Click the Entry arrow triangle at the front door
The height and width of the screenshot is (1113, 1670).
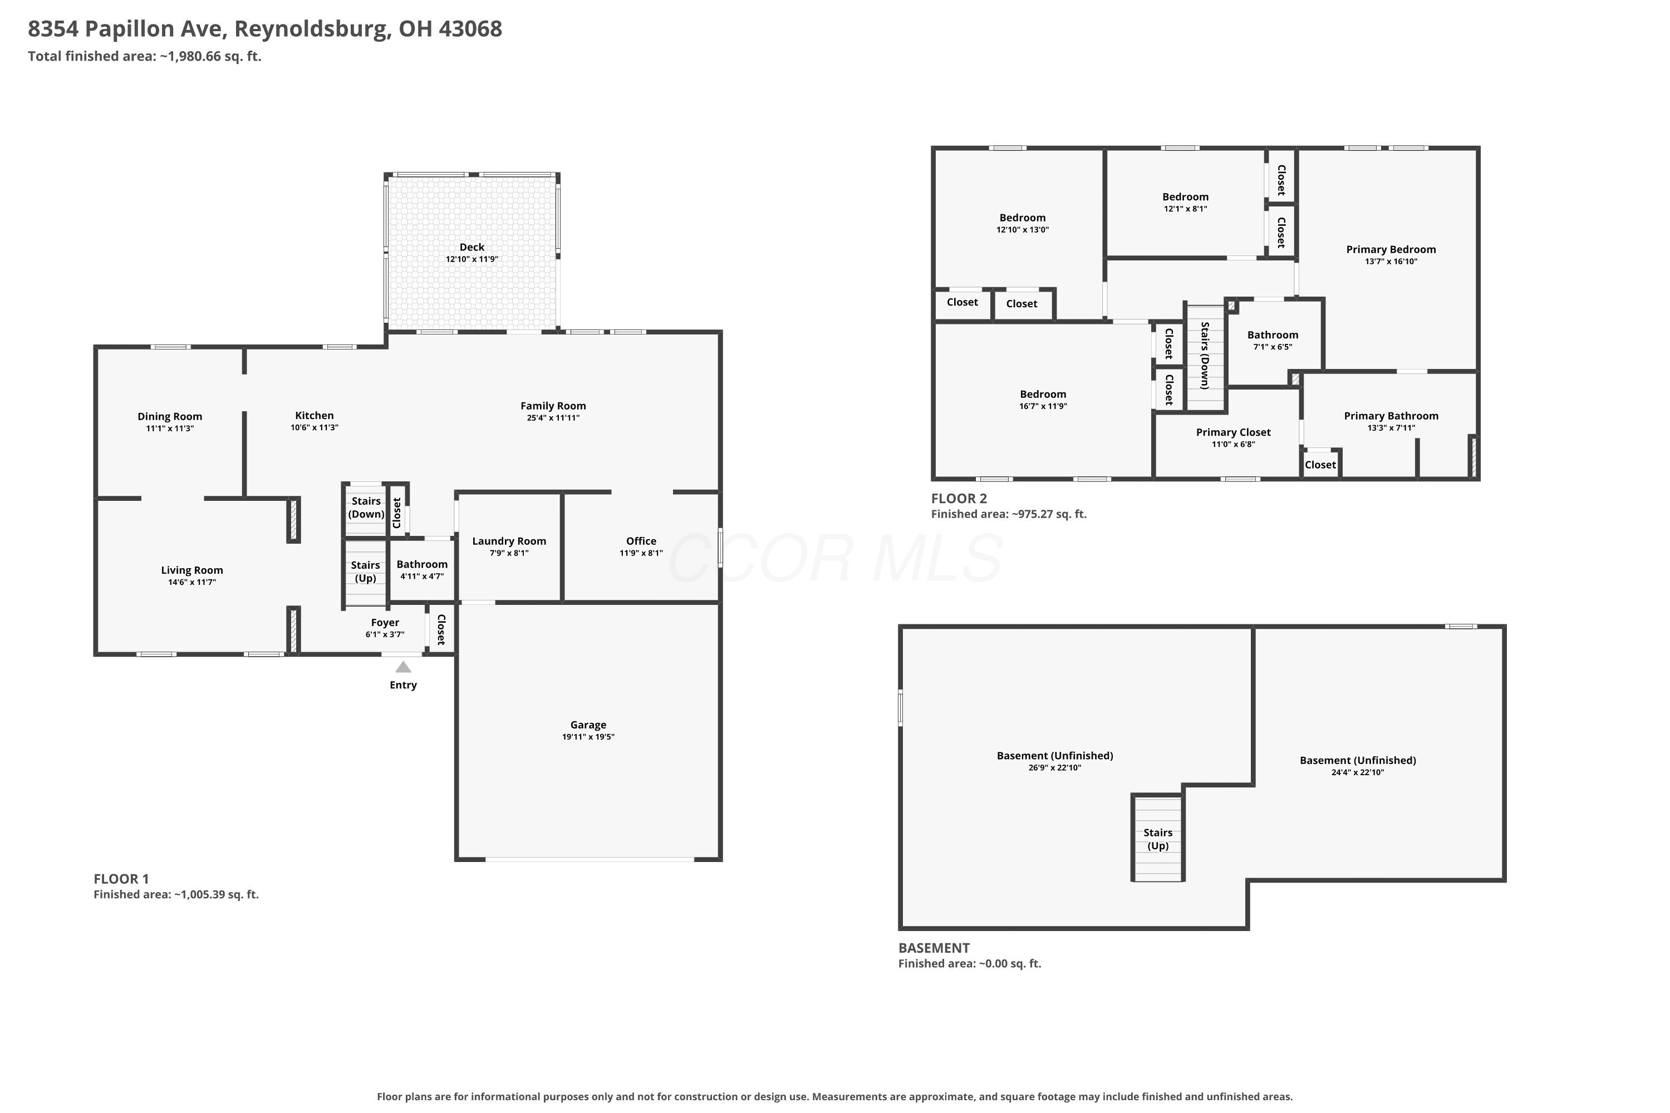[x=403, y=667]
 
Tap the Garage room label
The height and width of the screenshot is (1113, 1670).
[x=588, y=725]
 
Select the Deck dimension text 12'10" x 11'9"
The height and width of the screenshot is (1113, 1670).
[x=472, y=259]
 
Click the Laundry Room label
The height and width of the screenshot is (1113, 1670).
[x=509, y=541]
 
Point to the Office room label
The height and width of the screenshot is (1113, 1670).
[x=641, y=541]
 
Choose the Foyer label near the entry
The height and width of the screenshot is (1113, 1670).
[x=385, y=623]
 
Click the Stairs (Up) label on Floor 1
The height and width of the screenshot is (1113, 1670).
[x=366, y=572]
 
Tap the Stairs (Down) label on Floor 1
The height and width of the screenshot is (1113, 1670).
[x=366, y=508]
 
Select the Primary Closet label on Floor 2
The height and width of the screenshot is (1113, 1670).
[x=1234, y=432]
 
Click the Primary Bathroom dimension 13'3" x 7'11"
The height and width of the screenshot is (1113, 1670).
[x=1392, y=428]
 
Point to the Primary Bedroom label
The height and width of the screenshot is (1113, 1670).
[x=1391, y=249]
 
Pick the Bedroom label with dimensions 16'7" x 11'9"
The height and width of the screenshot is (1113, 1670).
[x=1043, y=394]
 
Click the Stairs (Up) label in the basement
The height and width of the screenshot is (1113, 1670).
[x=1158, y=839]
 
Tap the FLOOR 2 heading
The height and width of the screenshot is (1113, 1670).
[x=959, y=498]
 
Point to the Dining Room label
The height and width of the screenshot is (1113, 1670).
[x=170, y=417]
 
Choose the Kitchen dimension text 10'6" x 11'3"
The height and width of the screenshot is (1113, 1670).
[x=315, y=427]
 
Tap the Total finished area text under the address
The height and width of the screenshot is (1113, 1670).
[x=145, y=56]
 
